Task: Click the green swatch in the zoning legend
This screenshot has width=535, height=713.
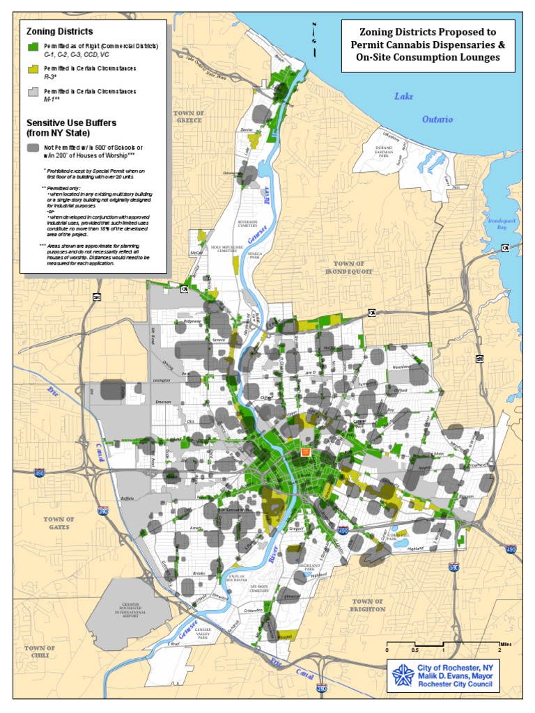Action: click(32, 46)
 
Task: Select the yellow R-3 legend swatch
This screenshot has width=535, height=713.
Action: click(32, 69)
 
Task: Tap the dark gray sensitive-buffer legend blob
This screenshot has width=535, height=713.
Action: click(33, 148)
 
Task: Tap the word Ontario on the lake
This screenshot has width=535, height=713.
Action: click(437, 119)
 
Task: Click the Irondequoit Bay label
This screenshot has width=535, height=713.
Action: click(497, 224)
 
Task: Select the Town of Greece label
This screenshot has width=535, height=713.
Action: click(188, 116)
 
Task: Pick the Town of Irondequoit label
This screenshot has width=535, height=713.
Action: click(349, 267)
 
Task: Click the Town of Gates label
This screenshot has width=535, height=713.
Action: click(59, 523)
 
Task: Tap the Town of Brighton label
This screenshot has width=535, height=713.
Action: click(369, 604)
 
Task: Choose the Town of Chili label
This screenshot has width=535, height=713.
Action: click(40, 652)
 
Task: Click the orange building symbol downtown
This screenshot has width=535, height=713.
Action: click(304, 452)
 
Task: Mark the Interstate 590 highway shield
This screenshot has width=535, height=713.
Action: click(454, 567)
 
